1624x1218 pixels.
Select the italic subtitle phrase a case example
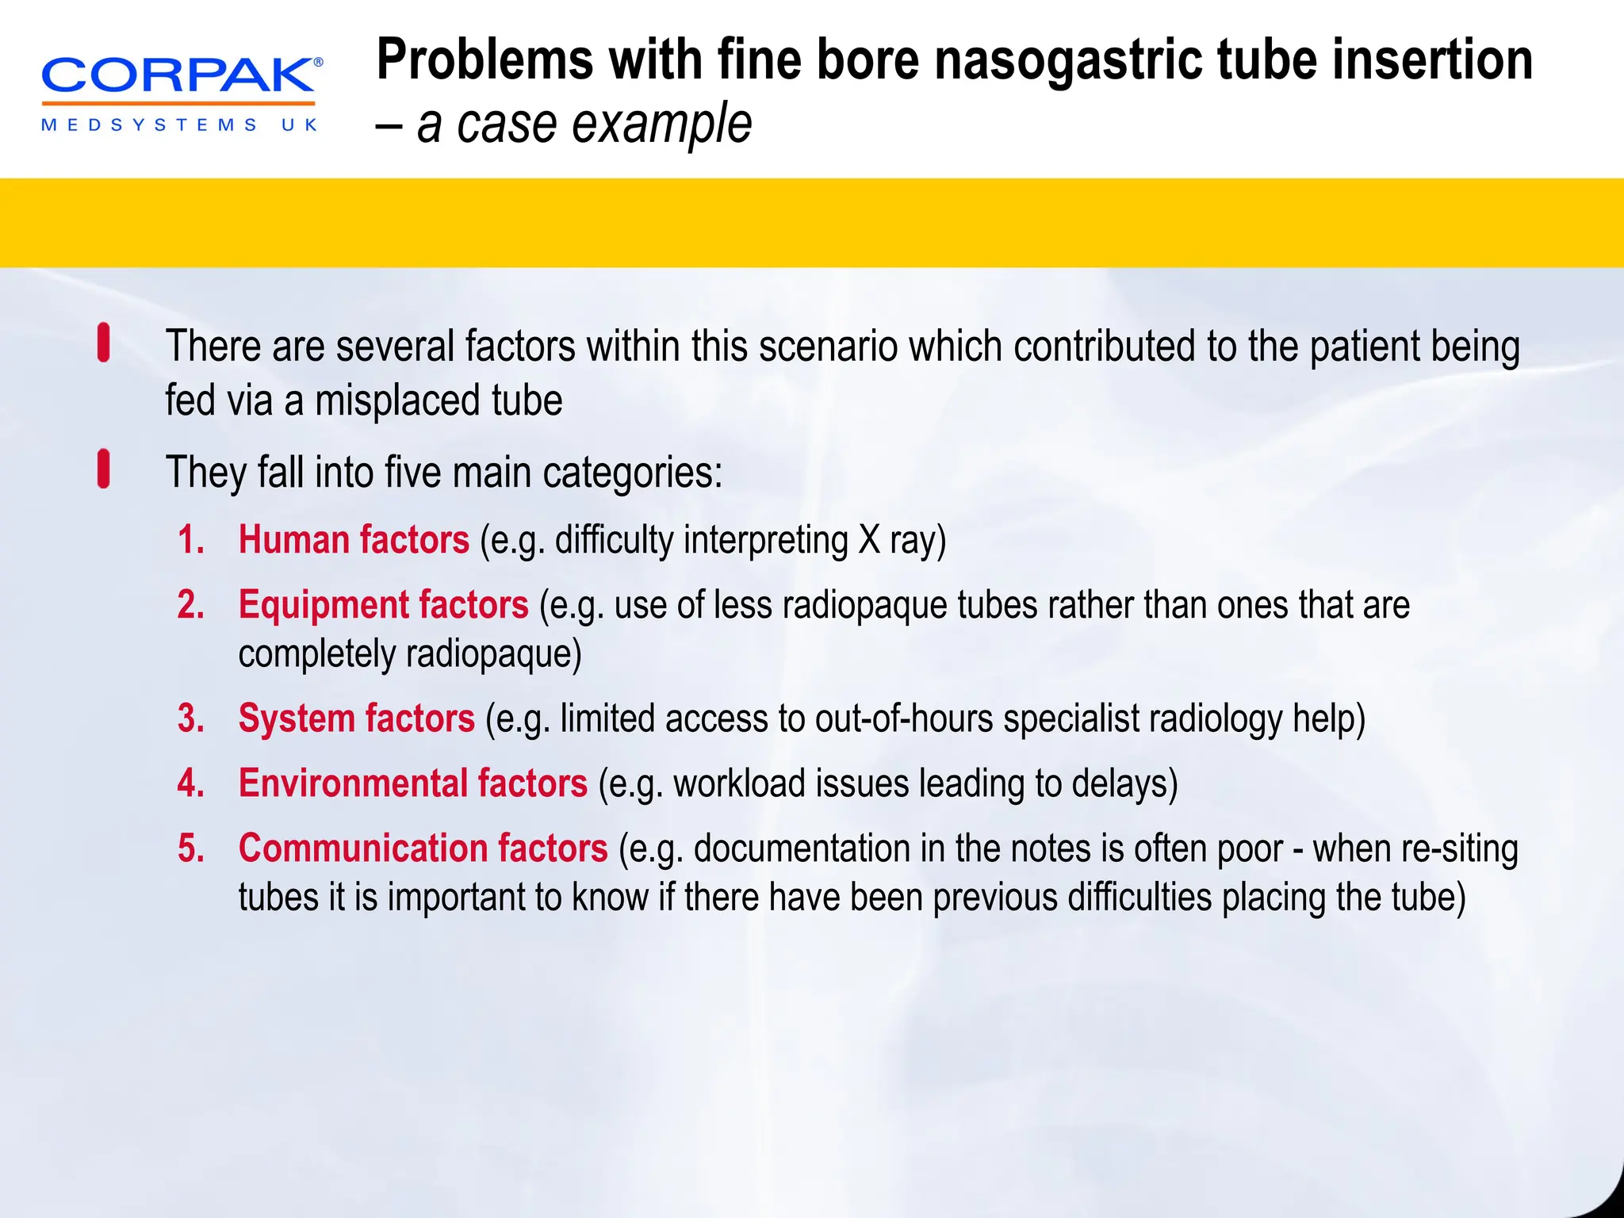tap(584, 124)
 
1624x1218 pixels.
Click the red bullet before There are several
tap(103, 343)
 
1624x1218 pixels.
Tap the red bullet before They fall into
tap(103, 468)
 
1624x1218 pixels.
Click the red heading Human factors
tap(354, 540)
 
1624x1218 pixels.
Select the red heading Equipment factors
tap(383, 605)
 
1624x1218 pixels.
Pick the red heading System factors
tap(356, 718)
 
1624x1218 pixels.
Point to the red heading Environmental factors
tap(412, 783)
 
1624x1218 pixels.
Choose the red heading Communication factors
tap(423, 848)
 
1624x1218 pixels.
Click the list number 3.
tap(191, 718)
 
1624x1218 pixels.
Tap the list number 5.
tap(191, 848)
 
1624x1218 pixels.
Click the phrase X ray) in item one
tap(902, 541)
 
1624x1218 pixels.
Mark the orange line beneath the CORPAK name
tap(178, 103)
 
